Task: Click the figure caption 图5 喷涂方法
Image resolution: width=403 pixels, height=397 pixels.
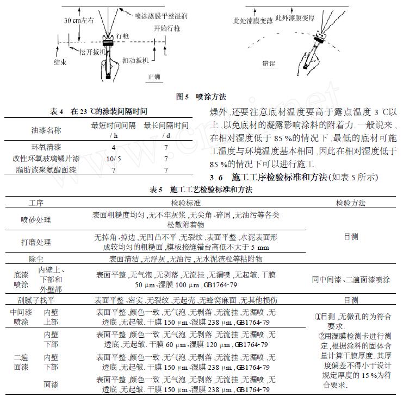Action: (x=201, y=97)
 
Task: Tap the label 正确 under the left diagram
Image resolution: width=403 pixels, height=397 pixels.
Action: (x=154, y=77)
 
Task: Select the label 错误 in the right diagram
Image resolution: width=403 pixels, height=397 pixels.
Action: (x=269, y=63)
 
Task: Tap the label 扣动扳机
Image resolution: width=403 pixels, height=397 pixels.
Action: (x=135, y=60)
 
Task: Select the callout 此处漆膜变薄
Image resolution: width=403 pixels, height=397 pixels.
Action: (x=252, y=21)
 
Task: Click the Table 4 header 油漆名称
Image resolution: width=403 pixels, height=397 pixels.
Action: (x=46, y=130)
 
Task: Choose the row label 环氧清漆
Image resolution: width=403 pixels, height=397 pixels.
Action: (x=46, y=147)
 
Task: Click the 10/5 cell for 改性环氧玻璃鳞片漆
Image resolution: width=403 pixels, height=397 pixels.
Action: (x=113, y=159)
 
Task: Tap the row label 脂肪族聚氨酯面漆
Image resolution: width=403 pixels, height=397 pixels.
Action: (x=46, y=170)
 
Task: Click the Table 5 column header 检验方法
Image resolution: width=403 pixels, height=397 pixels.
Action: (x=351, y=203)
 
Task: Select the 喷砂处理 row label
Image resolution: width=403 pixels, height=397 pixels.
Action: (x=35, y=219)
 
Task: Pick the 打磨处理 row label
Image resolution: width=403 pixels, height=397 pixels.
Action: (x=35, y=242)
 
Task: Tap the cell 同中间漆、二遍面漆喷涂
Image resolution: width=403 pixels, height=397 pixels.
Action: (x=351, y=280)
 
